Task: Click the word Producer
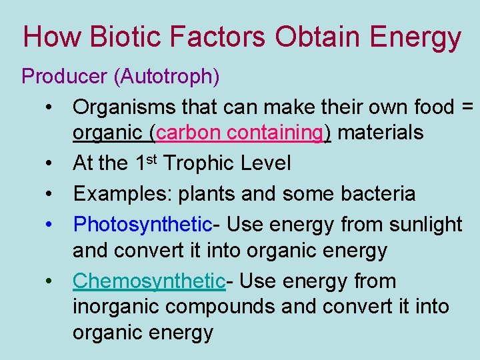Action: (x=64, y=77)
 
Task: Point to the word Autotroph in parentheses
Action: (x=165, y=77)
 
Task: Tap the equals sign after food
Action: (x=467, y=107)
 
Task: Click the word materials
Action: (x=380, y=132)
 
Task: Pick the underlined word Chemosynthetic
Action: (x=149, y=281)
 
